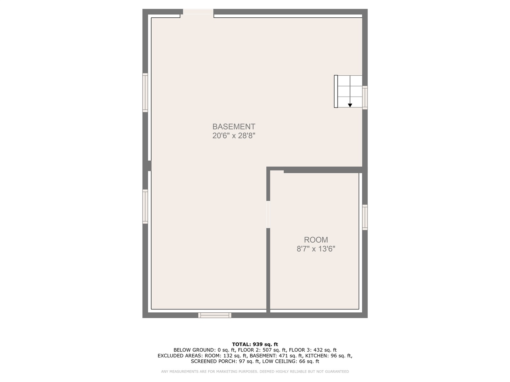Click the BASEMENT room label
234,127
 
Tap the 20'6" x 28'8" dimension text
234,135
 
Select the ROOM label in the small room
316,240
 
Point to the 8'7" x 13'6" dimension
316,249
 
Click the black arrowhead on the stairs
350,105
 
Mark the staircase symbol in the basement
348,91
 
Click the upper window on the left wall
145,92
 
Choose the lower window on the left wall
145,207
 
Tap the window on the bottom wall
215,315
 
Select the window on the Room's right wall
365,217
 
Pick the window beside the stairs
365,97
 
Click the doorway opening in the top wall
198,13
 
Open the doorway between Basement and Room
268,214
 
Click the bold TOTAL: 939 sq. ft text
255,344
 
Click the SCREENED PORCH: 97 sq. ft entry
225,361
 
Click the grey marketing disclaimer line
255,372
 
